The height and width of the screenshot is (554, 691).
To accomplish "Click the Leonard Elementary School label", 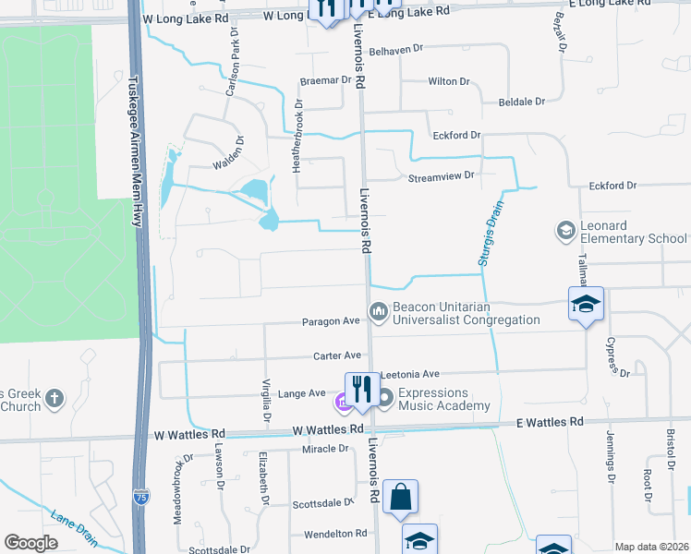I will point(634,232).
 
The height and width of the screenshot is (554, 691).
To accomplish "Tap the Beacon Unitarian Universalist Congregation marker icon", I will point(377,313).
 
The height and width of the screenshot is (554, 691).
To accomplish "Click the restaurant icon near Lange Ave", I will point(358,389).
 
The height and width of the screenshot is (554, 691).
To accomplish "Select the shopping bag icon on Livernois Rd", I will point(401,496).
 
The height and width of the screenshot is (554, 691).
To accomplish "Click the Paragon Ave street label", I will point(330,322).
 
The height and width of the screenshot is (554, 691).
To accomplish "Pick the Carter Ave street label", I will point(336,355).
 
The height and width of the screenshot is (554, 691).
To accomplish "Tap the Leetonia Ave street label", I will point(409,374).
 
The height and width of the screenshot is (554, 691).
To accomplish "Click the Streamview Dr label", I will point(442,175).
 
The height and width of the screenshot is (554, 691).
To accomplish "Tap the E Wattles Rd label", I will point(550,422).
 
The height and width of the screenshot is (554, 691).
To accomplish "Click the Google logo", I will point(30,542).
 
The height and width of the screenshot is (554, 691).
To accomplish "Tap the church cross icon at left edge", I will point(55,399).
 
